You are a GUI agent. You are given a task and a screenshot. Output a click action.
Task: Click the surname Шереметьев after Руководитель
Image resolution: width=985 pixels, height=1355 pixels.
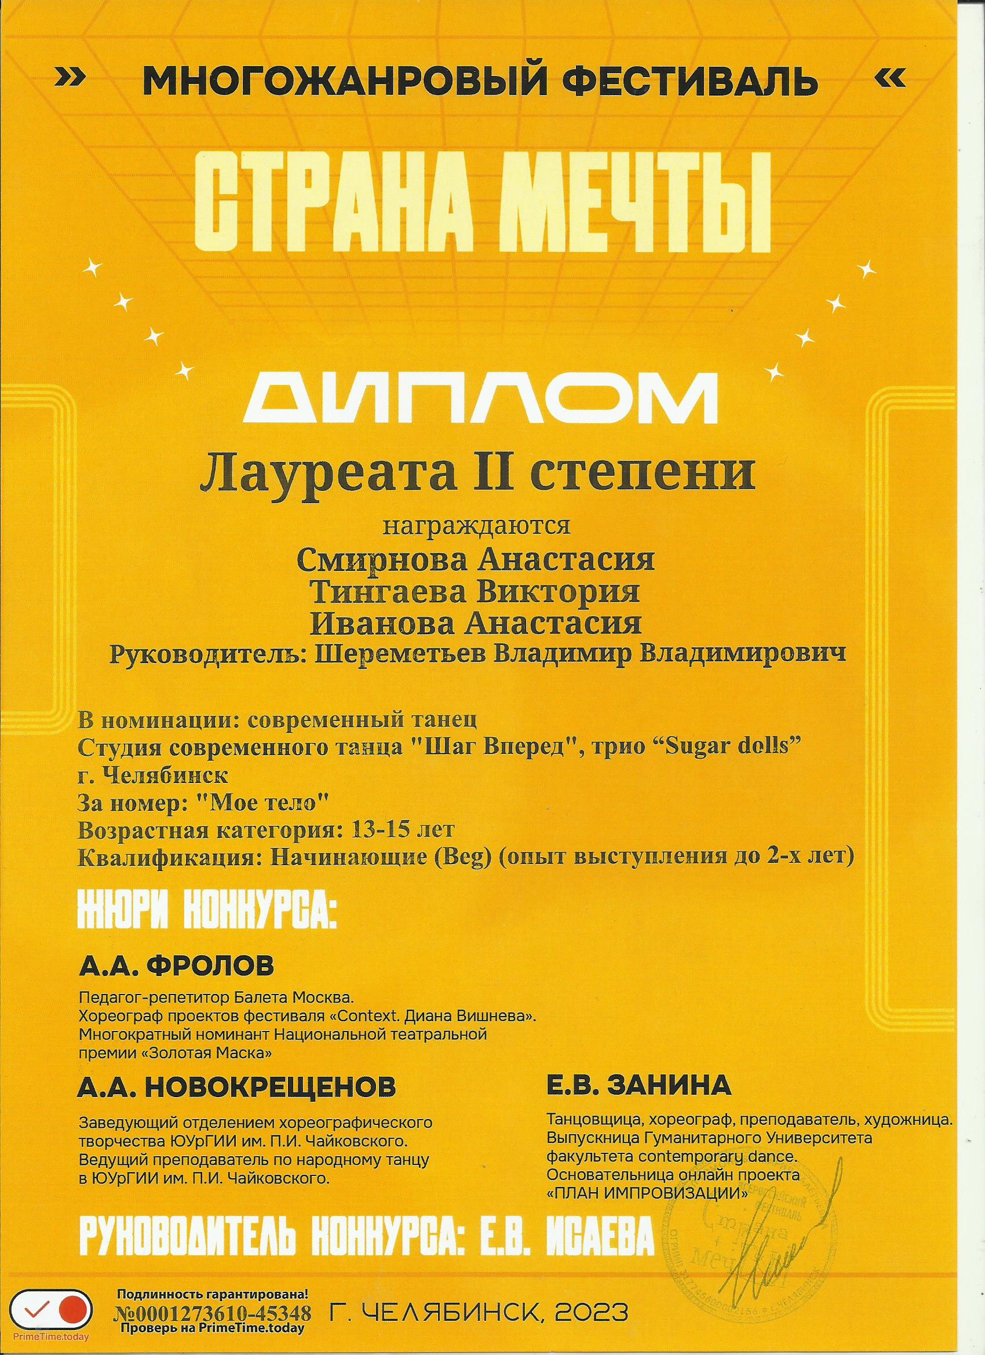[404, 654]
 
